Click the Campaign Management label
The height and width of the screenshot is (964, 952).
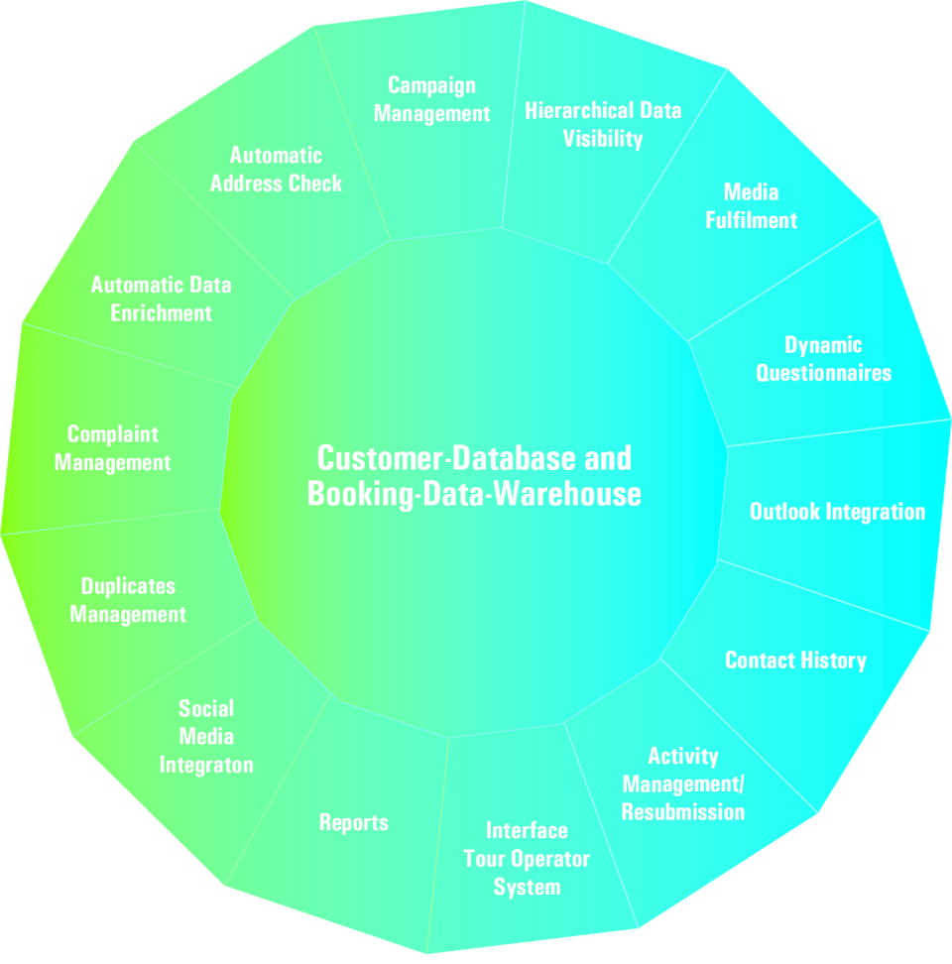pyautogui.click(x=431, y=99)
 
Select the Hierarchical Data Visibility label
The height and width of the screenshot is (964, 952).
pyautogui.click(x=603, y=124)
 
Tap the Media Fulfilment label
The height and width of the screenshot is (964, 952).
pyautogui.click(x=751, y=205)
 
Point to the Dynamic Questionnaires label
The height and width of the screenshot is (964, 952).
pyautogui.click(x=823, y=359)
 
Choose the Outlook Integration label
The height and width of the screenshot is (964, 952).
pyautogui.click(x=837, y=512)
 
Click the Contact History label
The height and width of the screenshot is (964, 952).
pyautogui.click(x=795, y=661)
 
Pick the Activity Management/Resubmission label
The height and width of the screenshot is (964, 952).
pyautogui.click(x=682, y=784)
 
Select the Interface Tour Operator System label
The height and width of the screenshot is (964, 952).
pyautogui.click(x=527, y=859)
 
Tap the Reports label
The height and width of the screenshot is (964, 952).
pyautogui.click(x=354, y=822)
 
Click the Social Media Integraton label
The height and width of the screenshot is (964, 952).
pyautogui.click(x=206, y=737)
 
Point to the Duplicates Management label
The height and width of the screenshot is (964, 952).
pyautogui.click(x=128, y=600)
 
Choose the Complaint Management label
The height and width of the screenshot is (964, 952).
pyautogui.click(x=113, y=448)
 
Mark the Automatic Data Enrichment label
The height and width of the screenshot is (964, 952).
pyautogui.click(x=161, y=299)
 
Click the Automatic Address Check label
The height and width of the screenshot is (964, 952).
pyautogui.click(x=276, y=170)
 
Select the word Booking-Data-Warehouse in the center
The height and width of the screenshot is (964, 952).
pyautogui.click(x=474, y=493)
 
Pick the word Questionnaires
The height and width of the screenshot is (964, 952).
pyautogui.click(x=823, y=373)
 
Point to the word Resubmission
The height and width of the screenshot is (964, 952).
pyautogui.click(x=682, y=812)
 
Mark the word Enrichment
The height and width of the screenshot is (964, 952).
pyautogui.click(x=161, y=313)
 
